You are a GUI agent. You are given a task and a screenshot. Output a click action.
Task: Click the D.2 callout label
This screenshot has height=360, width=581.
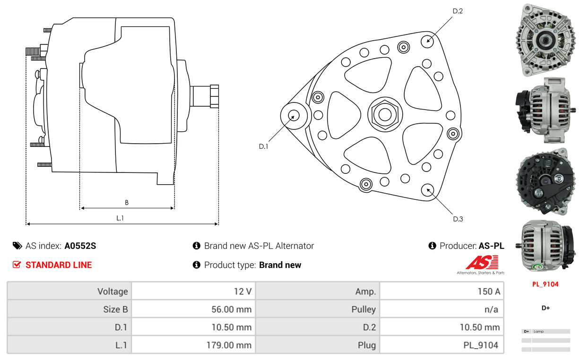[458, 11]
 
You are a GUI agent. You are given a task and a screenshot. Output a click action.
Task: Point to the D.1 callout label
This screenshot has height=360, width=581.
[263, 146]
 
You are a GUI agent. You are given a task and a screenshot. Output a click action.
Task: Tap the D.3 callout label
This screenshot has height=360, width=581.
[458, 219]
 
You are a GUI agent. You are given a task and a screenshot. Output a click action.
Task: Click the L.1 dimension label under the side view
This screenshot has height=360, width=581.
[120, 218]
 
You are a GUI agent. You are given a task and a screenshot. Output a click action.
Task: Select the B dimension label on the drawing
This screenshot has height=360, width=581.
[127, 202]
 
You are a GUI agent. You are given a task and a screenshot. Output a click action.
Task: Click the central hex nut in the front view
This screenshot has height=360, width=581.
[385, 114]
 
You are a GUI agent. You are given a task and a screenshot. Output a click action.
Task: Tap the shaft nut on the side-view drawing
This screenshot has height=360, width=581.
[214, 96]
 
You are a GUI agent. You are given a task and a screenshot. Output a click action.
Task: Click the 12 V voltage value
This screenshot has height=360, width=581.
[243, 291]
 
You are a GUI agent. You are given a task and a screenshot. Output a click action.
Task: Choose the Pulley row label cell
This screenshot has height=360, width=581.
[318, 309]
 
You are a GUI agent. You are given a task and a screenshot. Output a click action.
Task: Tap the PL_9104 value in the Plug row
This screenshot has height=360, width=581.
[481, 345]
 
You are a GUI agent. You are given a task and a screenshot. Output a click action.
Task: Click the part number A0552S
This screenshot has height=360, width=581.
[80, 246]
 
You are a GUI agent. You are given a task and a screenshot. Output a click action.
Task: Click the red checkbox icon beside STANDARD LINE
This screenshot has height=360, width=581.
[17, 265]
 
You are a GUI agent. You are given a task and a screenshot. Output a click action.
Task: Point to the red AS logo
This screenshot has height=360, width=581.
[482, 262]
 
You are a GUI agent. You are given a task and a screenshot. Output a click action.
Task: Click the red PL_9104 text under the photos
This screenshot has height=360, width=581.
[545, 284]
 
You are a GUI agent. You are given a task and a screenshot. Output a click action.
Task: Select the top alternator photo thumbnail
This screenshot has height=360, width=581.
[545, 40]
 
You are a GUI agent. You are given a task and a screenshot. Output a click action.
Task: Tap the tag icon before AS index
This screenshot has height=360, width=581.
[17, 246]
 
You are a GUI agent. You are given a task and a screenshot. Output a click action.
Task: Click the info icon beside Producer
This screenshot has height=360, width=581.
[432, 246]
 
